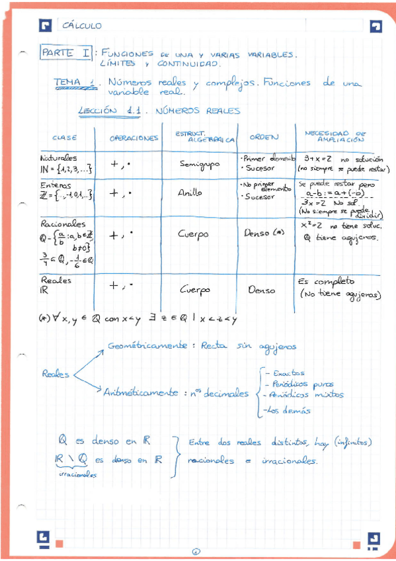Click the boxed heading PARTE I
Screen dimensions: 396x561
66,52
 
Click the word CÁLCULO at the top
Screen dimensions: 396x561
82,26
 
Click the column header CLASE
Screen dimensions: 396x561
65,138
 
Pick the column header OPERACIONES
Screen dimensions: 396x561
134,138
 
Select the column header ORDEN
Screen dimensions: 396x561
264,137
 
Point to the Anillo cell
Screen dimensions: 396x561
190,194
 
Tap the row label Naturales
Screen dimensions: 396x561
59,158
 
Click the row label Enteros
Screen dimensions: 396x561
56,186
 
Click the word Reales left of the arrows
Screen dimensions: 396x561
56,374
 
